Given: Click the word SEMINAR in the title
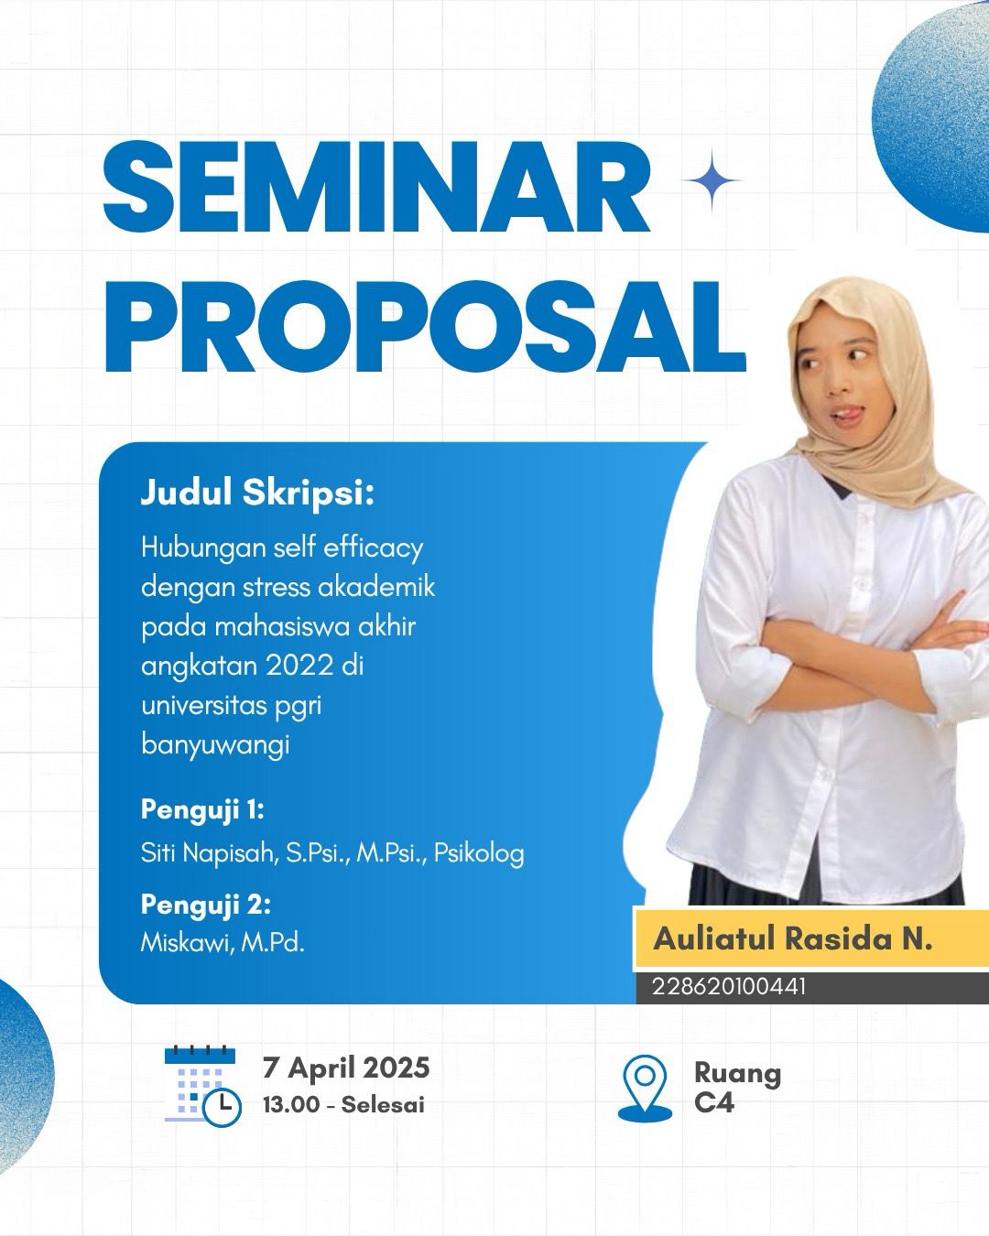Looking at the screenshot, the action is point(376,188).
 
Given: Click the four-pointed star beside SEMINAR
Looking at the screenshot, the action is point(712,180).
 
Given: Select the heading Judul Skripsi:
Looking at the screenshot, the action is point(257,493).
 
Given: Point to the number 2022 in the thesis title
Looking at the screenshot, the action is point(299,666).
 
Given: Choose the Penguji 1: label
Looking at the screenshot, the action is point(202,811).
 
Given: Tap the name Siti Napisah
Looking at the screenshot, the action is point(209,853).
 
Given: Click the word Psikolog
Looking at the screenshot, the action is point(479,854).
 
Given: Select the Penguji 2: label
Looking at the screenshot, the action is point(206,905).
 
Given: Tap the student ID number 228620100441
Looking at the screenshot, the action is point(729,987).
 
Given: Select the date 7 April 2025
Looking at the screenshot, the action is point(346,1068).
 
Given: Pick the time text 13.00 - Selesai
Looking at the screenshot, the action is point(343,1104).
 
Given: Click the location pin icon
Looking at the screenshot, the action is point(645,1088).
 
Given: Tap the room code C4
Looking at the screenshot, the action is point(713,1102).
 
